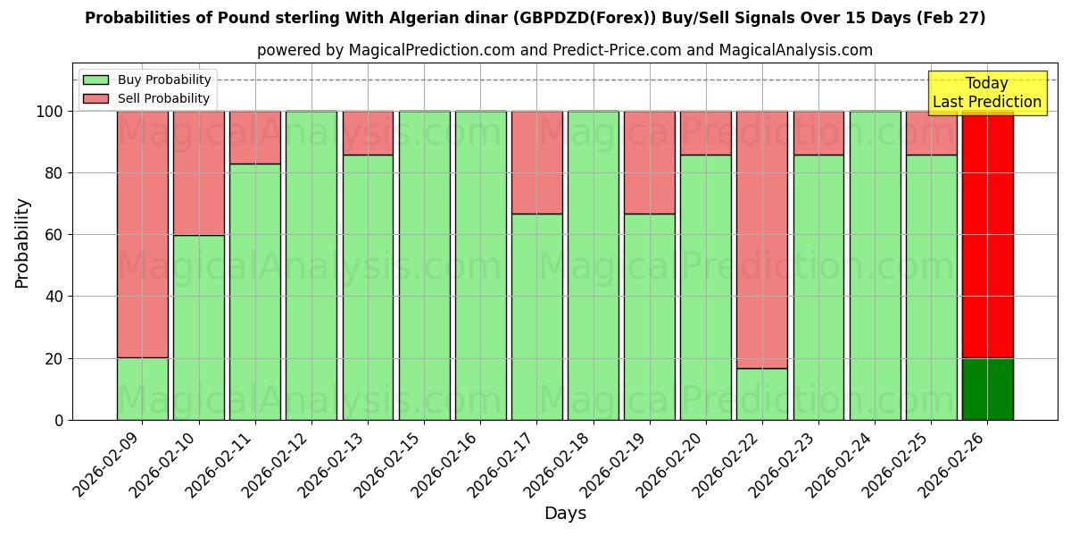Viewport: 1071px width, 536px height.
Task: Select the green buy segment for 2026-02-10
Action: (x=198, y=327)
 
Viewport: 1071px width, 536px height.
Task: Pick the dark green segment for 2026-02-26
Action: (x=987, y=389)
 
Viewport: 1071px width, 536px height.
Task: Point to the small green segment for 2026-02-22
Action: (x=762, y=394)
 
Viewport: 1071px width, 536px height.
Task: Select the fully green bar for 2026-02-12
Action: (x=311, y=265)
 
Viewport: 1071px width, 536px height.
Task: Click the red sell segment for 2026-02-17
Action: (x=536, y=162)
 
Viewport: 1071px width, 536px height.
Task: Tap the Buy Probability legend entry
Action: (x=147, y=80)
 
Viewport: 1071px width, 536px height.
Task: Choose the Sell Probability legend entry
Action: (x=147, y=98)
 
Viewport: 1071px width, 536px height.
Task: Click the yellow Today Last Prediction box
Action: (x=986, y=93)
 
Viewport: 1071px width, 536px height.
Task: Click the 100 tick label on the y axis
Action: (x=52, y=112)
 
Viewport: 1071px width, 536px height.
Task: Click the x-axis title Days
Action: (x=565, y=514)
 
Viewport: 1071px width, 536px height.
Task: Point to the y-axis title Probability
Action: (x=22, y=243)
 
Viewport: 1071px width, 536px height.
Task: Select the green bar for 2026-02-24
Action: (x=875, y=265)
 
